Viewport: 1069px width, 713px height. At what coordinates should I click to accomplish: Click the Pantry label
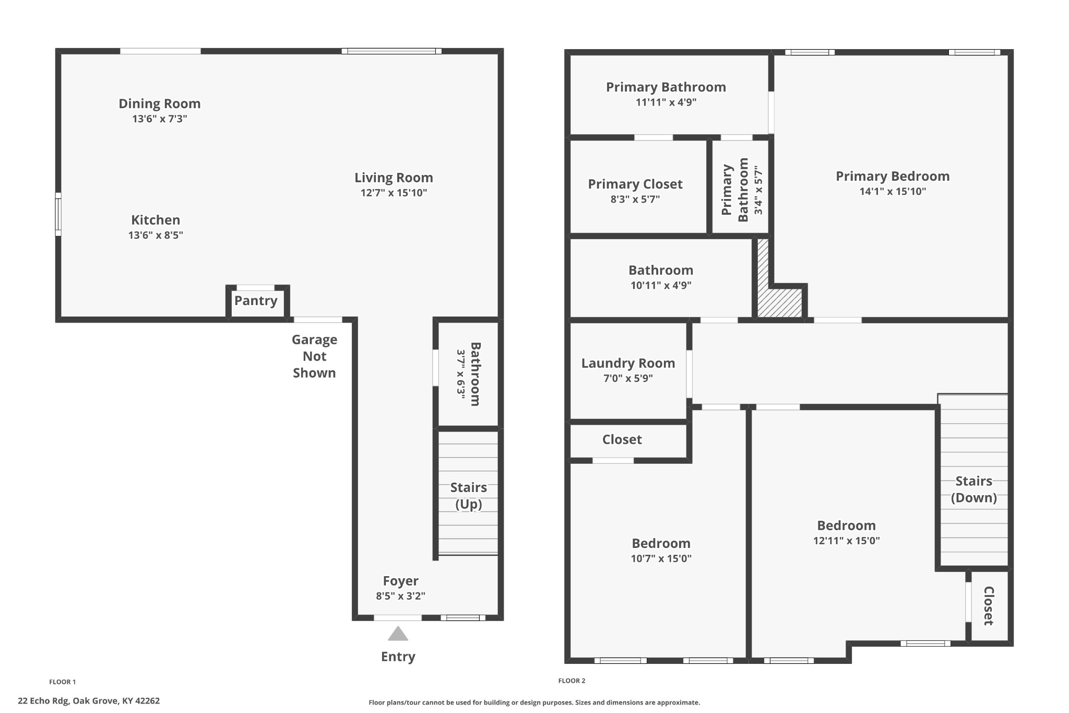[x=255, y=301]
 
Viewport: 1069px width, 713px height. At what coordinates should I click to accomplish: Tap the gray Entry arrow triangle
[x=398, y=634]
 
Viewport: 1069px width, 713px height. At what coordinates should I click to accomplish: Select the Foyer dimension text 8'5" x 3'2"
[x=400, y=596]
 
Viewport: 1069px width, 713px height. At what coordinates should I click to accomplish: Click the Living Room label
[x=394, y=178]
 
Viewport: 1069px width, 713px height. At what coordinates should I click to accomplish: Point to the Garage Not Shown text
[x=314, y=356]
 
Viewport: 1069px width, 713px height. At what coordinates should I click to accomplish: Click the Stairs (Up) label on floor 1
[x=468, y=495]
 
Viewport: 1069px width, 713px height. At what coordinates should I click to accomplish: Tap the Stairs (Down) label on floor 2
[x=973, y=489]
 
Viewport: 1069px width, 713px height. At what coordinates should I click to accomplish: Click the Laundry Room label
[x=628, y=363]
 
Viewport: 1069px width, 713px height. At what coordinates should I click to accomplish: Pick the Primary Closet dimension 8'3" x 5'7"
[x=635, y=199]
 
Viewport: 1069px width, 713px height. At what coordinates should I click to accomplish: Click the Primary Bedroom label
[x=892, y=176]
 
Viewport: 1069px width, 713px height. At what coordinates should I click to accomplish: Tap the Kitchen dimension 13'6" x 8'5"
[x=156, y=235]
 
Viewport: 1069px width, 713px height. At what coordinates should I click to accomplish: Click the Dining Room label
[x=159, y=103]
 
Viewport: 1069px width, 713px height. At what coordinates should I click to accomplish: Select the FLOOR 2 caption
[x=572, y=681]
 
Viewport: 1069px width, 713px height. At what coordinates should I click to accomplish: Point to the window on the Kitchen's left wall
[x=58, y=214]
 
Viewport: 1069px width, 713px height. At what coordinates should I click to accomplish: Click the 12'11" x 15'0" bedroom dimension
[x=846, y=541]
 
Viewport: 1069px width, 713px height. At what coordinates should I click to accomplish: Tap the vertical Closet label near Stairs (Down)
[x=988, y=605]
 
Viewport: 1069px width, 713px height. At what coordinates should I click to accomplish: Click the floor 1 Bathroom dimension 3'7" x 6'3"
[x=461, y=374]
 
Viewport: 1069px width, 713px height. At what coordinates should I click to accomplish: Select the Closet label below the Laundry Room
[x=622, y=439]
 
